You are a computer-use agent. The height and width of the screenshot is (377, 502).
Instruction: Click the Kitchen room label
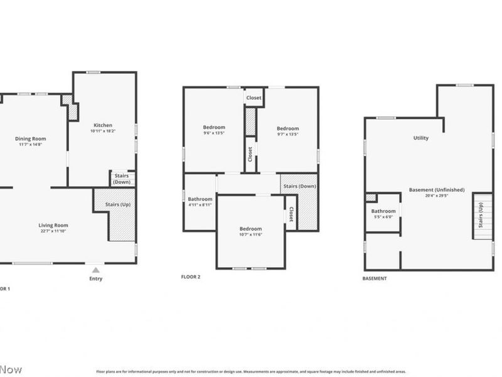103,125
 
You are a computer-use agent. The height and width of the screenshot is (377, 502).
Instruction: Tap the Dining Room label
31,139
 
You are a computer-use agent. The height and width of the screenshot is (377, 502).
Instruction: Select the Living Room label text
53,225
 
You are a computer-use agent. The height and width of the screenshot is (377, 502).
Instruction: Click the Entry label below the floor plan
95,278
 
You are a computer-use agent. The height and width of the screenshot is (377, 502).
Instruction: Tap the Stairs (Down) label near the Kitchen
121,179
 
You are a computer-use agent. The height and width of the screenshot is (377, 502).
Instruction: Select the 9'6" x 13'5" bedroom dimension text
214,133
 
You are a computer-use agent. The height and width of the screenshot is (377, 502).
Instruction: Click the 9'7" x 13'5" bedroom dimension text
287,134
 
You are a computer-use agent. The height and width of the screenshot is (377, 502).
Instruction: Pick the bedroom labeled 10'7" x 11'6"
250,234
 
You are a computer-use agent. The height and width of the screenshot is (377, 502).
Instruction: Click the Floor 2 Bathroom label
200,199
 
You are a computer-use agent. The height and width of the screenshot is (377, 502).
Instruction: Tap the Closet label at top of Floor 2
254,97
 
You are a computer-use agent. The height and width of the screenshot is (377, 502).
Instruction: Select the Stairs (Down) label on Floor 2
299,186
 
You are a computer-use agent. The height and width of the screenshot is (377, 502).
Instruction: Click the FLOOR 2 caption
191,276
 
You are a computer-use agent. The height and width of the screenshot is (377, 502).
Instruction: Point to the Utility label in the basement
420,138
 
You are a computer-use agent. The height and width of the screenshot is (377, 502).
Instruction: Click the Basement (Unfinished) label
437,190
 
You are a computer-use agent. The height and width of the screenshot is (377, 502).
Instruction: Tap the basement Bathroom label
383,211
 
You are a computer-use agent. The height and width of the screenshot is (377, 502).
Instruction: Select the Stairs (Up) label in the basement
481,215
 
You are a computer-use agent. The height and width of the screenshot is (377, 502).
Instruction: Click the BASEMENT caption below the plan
375,278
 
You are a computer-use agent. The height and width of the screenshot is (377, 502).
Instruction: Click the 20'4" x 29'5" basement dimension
437,195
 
